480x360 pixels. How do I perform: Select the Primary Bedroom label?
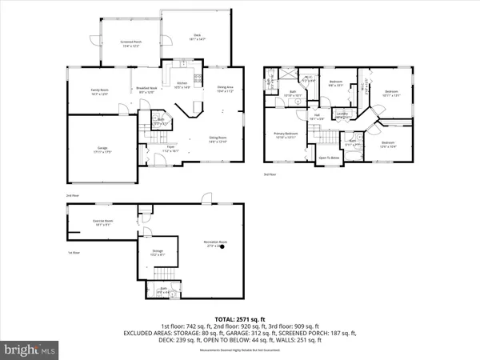286,134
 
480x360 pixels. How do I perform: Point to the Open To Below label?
329,158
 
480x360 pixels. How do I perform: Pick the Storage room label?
158,252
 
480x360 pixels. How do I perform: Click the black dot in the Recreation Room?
223,247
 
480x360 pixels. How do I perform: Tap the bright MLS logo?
30,349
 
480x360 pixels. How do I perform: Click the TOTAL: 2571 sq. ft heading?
240,318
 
